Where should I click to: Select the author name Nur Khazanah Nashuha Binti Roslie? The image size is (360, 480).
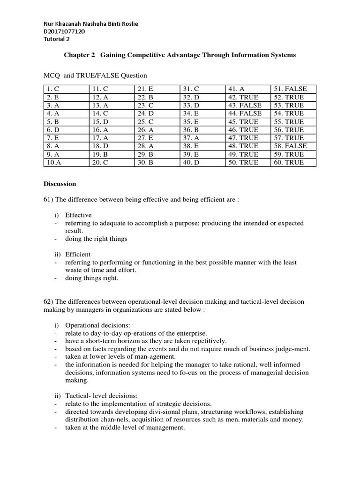[x=85, y=24]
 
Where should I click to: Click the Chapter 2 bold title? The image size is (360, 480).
[x=180, y=55]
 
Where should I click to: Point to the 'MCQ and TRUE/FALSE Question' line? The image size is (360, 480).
[x=95, y=75]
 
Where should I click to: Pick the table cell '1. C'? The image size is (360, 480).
[x=52, y=89]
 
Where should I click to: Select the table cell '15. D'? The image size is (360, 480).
[x=100, y=122]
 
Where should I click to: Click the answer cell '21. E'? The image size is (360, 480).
[x=145, y=89]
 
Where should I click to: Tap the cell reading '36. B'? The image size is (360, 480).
[x=191, y=130]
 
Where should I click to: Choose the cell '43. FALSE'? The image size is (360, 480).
[x=245, y=105]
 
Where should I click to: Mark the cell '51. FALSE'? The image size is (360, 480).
[x=291, y=89]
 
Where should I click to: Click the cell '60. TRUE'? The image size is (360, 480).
[x=289, y=163]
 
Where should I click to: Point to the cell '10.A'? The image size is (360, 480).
[x=53, y=163]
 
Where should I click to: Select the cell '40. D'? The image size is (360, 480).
[x=191, y=163]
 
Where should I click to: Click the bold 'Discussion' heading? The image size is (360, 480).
[x=60, y=184]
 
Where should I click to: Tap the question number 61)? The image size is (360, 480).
[x=48, y=199]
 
